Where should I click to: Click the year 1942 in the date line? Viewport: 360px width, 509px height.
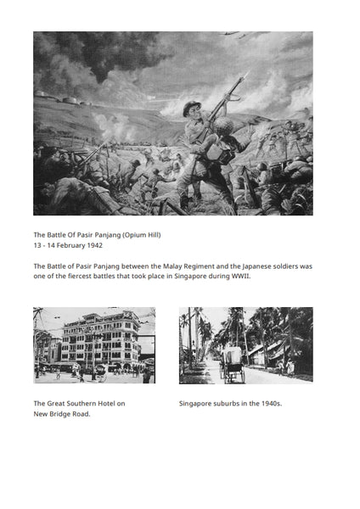point(93,245)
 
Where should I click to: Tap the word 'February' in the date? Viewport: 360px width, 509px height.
point(69,245)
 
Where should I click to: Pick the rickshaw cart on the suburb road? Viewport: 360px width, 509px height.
point(232,362)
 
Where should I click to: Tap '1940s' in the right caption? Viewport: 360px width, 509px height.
point(269,404)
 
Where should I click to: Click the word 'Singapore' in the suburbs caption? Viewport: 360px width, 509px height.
point(194,404)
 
